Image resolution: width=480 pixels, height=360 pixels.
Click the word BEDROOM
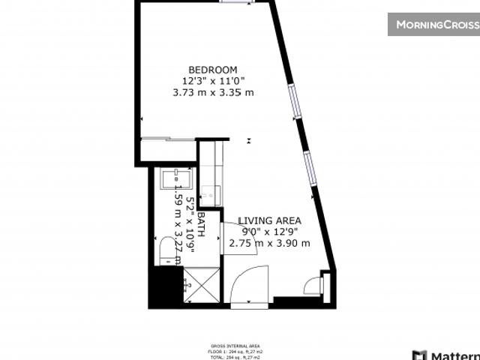pyautogui.click(x=212, y=70)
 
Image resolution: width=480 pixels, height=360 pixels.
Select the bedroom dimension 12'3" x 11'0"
pyautogui.click(x=212, y=81)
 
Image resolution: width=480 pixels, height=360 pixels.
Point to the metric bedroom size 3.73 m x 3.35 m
pyautogui.click(x=212, y=92)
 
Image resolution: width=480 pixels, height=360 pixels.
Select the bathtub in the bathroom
pyautogui.click(x=175, y=180)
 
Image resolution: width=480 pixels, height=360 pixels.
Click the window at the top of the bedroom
pyautogui.click(x=235, y=2)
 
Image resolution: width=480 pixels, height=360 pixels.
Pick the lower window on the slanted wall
pyautogui.click(x=309, y=167)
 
